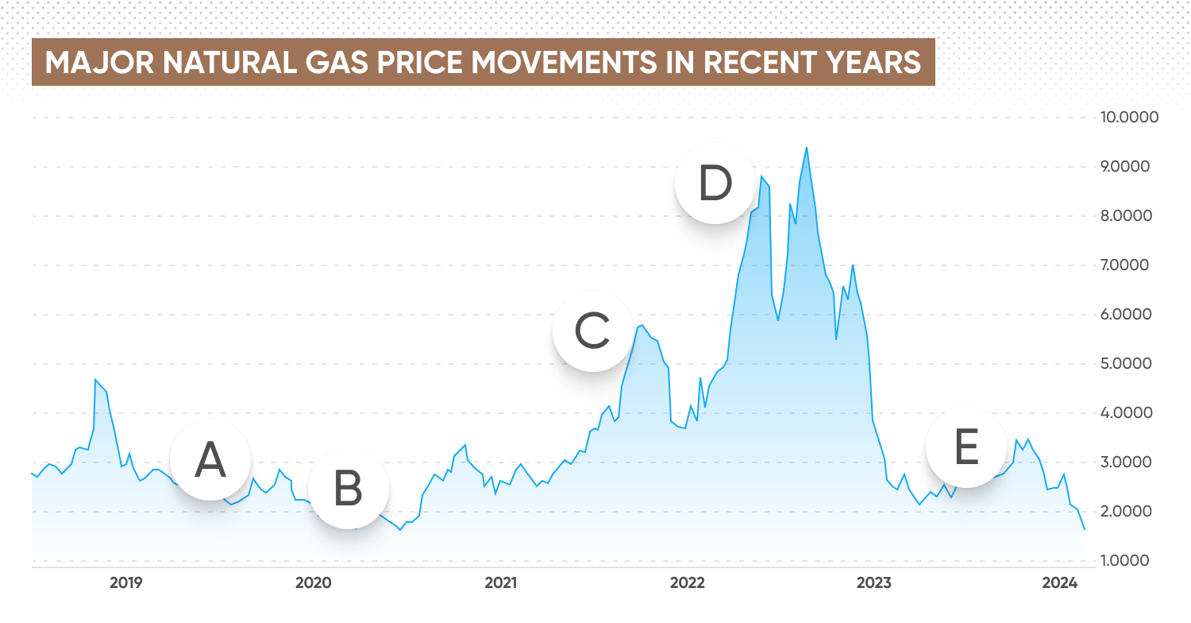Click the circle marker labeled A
(x=210, y=460)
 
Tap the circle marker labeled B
(x=348, y=489)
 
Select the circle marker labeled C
(x=592, y=331)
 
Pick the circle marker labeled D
(x=715, y=184)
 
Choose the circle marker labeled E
(x=966, y=447)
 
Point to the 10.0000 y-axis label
(x=1129, y=118)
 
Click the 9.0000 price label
(x=1129, y=167)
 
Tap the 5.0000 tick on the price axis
(x=1129, y=364)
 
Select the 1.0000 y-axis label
(x=1129, y=561)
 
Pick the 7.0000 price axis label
(x=1129, y=265)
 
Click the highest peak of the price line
(x=807, y=148)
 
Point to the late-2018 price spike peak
(x=95, y=380)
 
